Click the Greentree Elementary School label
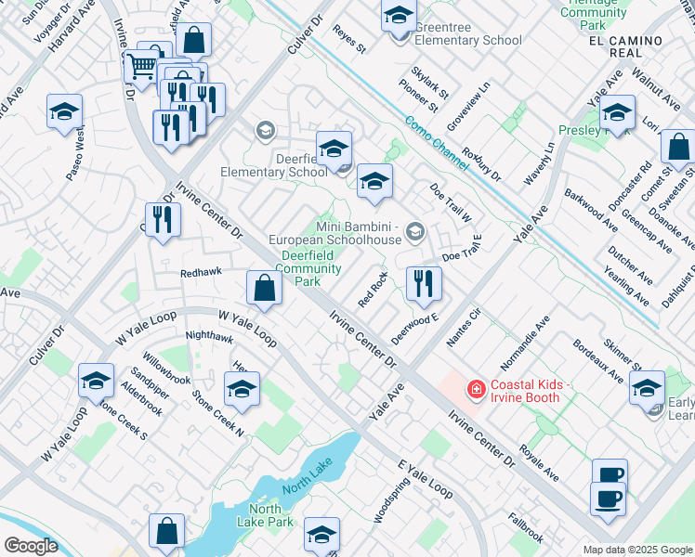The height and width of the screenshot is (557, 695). point(467,33)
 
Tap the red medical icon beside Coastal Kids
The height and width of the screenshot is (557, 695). point(477,390)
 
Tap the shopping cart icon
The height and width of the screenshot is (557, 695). point(141,67)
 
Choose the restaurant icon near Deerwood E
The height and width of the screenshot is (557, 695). point(424,285)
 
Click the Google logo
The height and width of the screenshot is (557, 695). point(30,545)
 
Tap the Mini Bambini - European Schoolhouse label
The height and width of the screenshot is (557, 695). point(359,233)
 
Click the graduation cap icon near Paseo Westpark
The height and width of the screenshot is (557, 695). point(64,112)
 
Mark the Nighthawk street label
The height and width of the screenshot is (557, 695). point(209,337)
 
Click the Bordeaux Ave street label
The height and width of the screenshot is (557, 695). point(597,363)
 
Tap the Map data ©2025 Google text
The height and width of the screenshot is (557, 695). point(637,550)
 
